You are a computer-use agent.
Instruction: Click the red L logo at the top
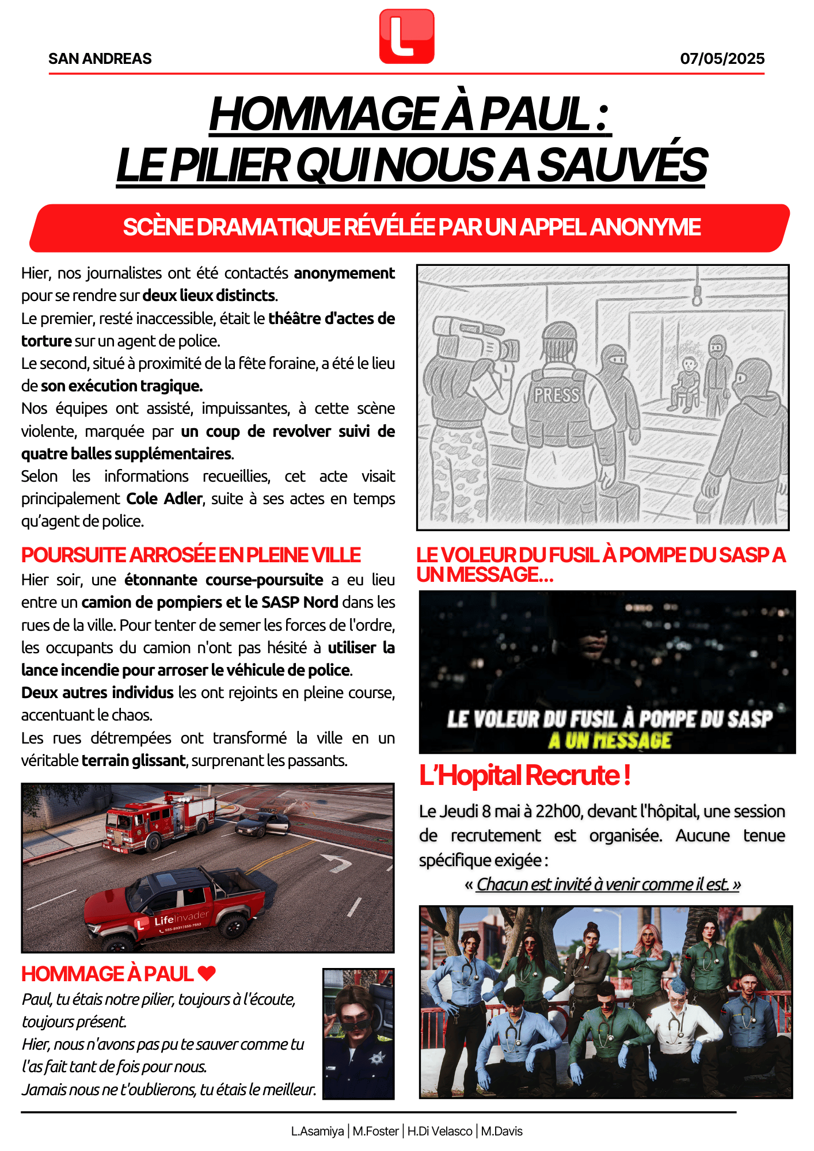406,36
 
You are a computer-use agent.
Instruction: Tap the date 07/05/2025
722,59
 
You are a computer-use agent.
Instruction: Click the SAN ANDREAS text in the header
100,59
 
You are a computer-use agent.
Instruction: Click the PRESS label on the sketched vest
556,395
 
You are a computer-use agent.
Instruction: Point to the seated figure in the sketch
687,383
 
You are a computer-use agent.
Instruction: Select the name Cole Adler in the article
165,499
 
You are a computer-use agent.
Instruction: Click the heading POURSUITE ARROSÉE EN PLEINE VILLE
191,555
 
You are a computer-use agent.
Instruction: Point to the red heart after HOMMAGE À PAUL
207,973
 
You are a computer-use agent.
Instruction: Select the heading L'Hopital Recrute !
524,775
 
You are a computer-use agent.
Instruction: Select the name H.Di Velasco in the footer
440,1131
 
